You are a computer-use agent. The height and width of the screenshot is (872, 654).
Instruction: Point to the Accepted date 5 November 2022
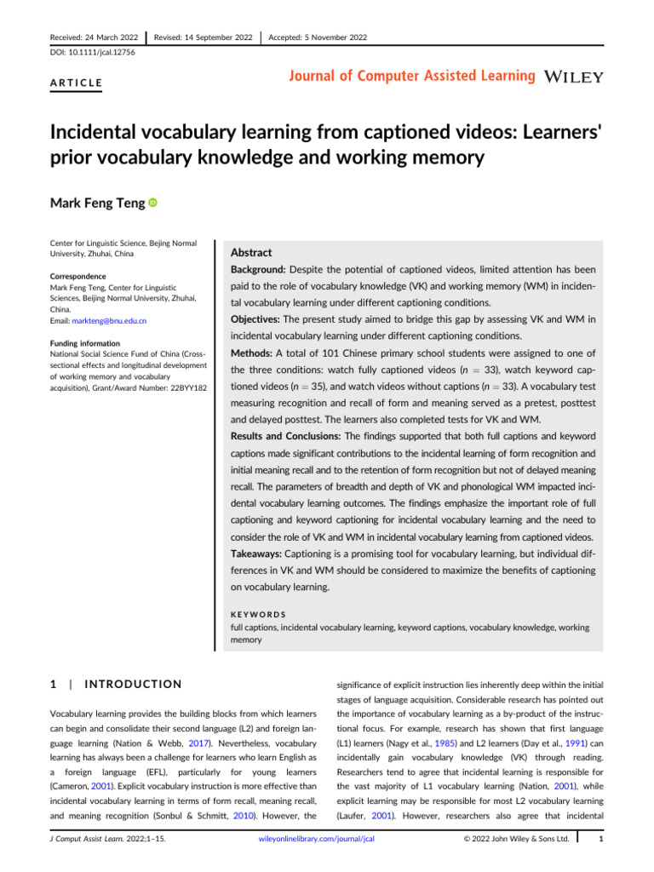click(x=317, y=37)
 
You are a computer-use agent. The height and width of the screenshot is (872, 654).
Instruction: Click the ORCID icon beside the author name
click(x=152, y=204)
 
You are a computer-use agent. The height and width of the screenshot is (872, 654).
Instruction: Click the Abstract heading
click(x=252, y=252)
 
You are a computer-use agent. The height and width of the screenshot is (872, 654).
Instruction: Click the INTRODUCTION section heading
click(x=135, y=684)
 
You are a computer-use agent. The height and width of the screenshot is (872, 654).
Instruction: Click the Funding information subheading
click(x=80, y=344)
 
